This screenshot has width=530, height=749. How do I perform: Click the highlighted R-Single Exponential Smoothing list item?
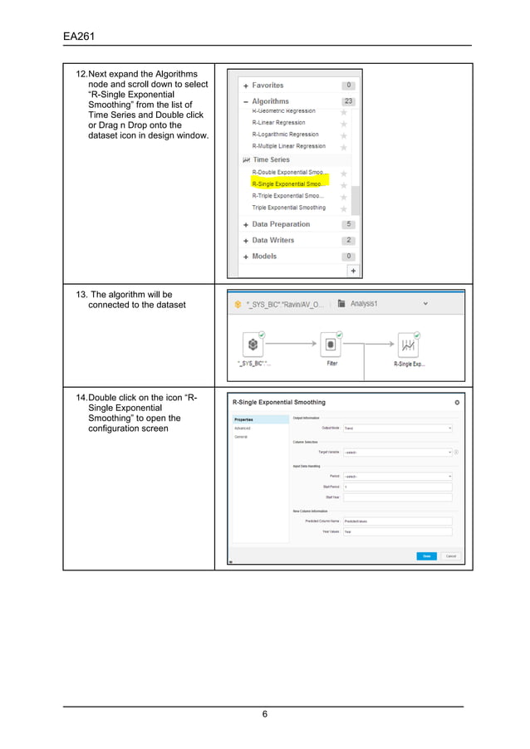pyautogui.click(x=288, y=184)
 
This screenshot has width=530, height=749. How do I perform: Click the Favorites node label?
pyautogui.click(x=267, y=86)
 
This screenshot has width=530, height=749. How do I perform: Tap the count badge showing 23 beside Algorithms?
pyautogui.click(x=349, y=102)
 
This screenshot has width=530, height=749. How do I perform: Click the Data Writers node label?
pyautogui.click(x=272, y=241)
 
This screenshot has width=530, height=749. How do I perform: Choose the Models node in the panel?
pyautogui.click(x=264, y=257)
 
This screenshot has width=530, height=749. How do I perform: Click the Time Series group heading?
pyautogui.click(x=271, y=159)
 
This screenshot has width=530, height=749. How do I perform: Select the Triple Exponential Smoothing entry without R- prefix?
pyautogui.click(x=288, y=208)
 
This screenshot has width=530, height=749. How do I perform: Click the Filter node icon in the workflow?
pyautogui.click(x=331, y=345)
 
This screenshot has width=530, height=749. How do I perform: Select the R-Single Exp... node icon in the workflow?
pyautogui.click(x=408, y=345)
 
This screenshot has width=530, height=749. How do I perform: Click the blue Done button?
pyautogui.click(x=425, y=556)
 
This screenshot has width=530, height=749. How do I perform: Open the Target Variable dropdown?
pyautogui.click(x=397, y=453)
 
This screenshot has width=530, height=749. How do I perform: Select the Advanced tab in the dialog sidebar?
pyautogui.click(x=242, y=428)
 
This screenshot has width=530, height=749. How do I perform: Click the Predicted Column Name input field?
pyautogui.click(x=397, y=521)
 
